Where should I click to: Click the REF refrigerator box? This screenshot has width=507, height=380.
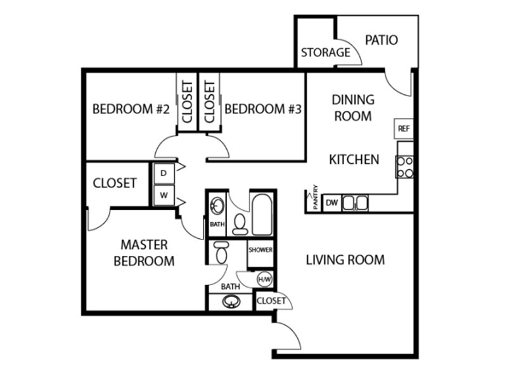[404, 129]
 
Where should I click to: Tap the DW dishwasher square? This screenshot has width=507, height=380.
[331, 203]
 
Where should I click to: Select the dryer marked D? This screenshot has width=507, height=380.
[164, 174]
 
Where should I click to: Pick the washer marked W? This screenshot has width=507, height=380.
[164, 195]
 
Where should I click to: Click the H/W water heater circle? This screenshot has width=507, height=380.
[264, 279]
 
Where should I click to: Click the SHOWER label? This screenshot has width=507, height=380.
[260, 250]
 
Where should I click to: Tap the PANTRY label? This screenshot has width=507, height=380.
[316, 197]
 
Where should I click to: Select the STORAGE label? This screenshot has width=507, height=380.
[326, 53]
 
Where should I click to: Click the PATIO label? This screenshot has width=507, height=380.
[382, 40]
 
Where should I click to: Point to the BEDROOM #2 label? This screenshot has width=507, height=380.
[131, 109]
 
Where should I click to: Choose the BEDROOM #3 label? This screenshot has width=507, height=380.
[263, 109]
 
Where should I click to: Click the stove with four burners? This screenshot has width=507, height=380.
[404, 167]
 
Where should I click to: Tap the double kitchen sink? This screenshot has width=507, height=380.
[355, 203]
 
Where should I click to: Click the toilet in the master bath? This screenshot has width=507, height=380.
[221, 252]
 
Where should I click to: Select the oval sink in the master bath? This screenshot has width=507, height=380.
[231, 302]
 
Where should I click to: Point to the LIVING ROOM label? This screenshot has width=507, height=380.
[345, 260]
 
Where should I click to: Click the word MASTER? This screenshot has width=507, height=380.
[144, 244]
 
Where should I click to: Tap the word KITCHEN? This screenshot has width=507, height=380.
[354, 160]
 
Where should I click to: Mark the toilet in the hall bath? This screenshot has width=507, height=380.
[240, 224]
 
